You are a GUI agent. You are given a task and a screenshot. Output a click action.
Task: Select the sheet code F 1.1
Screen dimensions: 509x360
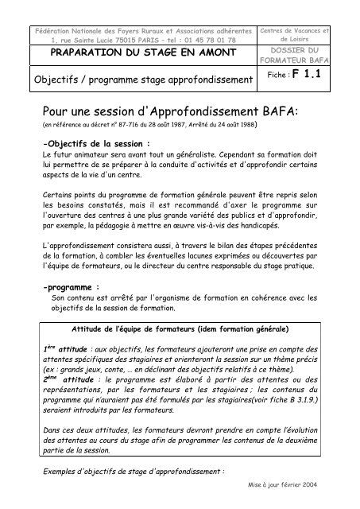pyautogui.click(x=327, y=79)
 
